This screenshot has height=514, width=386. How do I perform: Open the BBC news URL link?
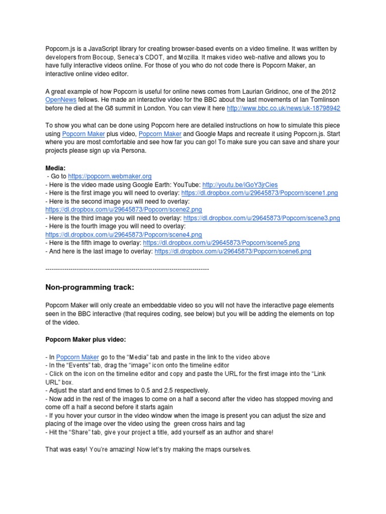pyautogui.click(x=283, y=108)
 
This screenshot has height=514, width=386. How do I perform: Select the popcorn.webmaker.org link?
pyautogui.click(x=110, y=177)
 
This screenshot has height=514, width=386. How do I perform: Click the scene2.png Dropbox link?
pyautogui.click(x=124, y=209)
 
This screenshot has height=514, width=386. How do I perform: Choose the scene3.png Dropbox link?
pyautogui.click(x=262, y=218)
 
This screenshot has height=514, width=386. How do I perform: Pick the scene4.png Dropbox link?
pyautogui.click(x=124, y=234)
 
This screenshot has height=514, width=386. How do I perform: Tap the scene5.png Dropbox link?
pyautogui.click(x=222, y=242)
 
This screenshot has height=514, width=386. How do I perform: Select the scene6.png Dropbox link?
pyautogui.click(x=233, y=251)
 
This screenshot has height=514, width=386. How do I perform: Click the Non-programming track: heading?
pyautogui.click(x=90, y=288)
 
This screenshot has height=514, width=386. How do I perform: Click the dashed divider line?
pyautogui.click(x=127, y=270)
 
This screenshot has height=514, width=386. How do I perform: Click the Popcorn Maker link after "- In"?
pyautogui.click(x=77, y=357)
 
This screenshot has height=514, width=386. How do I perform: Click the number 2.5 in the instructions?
pyautogui.click(x=159, y=391)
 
